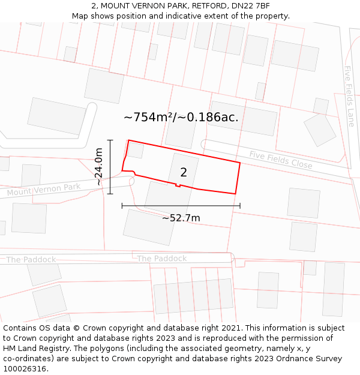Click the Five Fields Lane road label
point(349,96)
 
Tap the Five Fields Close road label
point(281,159)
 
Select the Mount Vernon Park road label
point(43,190)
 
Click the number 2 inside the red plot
point(184,173)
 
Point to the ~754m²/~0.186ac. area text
point(181,118)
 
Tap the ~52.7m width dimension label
point(181,218)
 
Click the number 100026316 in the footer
point(25,368)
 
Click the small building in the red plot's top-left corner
point(136,150)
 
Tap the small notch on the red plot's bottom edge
point(178,185)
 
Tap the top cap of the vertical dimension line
point(110,140)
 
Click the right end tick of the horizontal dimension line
point(240,206)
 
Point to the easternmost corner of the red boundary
point(240,163)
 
